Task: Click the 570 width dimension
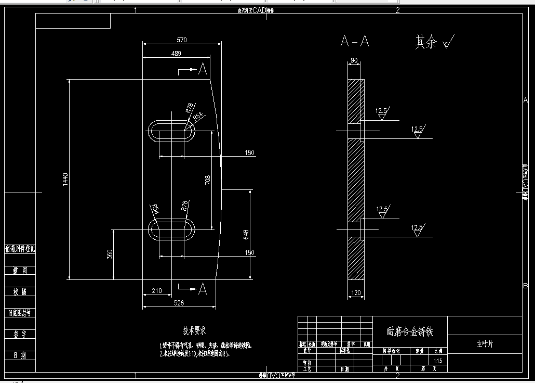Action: pyautogui.click(x=182, y=40)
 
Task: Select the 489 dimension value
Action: pyautogui.click(x=176, y=54)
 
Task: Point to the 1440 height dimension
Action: pyautogui.click(x=65, y=180)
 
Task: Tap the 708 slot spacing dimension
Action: pyautogui.click(x=208, y=180)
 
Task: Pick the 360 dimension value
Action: pyautogui.click(x=110, y=254)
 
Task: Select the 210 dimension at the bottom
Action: pyautogui.click(x=157, y=291)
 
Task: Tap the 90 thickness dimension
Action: pyautogui.click(x=354, y=61)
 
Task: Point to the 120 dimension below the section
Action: pyautogui.click(x=356, y=293)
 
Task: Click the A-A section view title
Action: pyautogui.click(x=355, y=42)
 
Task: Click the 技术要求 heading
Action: pyautogui.click(x=194, y=330)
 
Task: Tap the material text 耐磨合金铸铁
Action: pyautogui.click(x=410, y=331)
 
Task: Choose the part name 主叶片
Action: pyautogui.click(x=485, y=344)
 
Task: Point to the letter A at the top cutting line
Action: pyautogui.click(x=203, y=69)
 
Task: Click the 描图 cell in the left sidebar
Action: pyautogui.click(x=20, y=271)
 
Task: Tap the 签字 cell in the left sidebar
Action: pyautogui.click(x=20, y=334)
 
